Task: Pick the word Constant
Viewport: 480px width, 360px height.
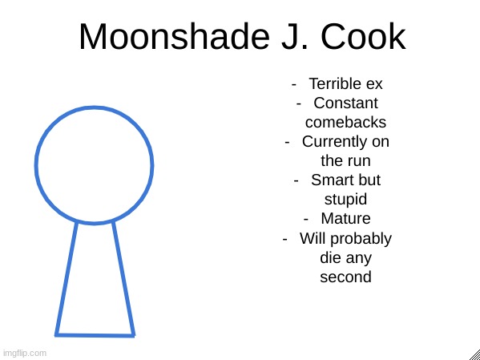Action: pyautogui.click(x=345, y=103)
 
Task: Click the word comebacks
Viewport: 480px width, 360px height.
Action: pyautogui.click(x=345, y=122)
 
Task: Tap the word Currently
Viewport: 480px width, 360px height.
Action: pyautogui.click(x=335, y=143)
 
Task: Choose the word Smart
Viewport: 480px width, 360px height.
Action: pyautogui.click(x=331, y=180)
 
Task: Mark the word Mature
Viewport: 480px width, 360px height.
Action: pyautogui.click(x=345, y=218)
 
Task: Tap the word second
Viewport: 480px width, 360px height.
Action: pyautogui.click(x=345, y=277)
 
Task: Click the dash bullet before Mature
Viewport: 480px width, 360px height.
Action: pyautogui.click(x=306, y=220)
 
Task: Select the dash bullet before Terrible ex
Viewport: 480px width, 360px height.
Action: pyautogui.click(x=294, y=84)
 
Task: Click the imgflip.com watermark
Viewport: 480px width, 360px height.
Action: pyautogui.click(x=24, y=353)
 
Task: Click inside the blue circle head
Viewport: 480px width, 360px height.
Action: pyautogui.click(x=94, y=165)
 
